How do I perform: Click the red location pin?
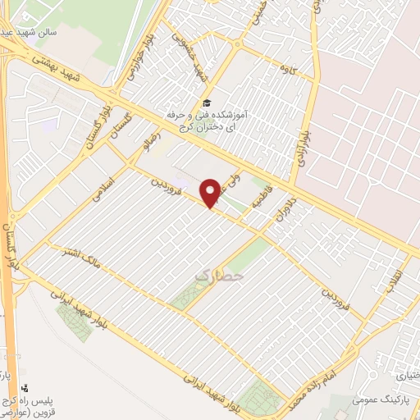pos(212,191)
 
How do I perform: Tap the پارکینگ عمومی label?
pos(381,400)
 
